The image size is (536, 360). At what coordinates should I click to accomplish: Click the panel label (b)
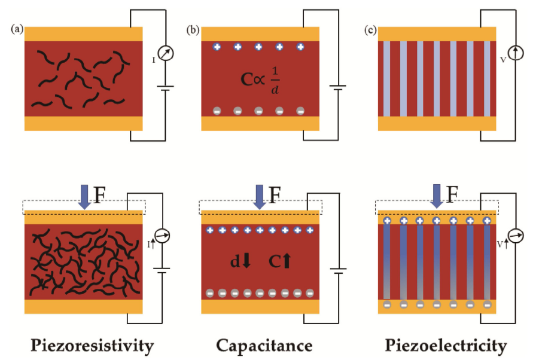(x=193, y=29)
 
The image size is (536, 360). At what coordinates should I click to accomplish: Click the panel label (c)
(x=370, y=29)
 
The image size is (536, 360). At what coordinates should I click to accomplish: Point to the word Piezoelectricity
(x=446, y=346)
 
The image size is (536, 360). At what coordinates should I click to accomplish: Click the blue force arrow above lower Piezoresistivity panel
(x=84, y=197)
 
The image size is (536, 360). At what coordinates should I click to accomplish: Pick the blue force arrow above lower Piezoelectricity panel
(x=438, y=197)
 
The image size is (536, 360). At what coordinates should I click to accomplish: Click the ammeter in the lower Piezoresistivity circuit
(x=162, y=236)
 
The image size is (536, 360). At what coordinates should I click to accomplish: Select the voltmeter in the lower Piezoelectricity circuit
(x=515, y=236)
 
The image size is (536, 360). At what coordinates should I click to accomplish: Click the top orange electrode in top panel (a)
(x=83, y=33)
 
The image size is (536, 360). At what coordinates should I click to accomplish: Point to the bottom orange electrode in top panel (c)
(x=437, y=123)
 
